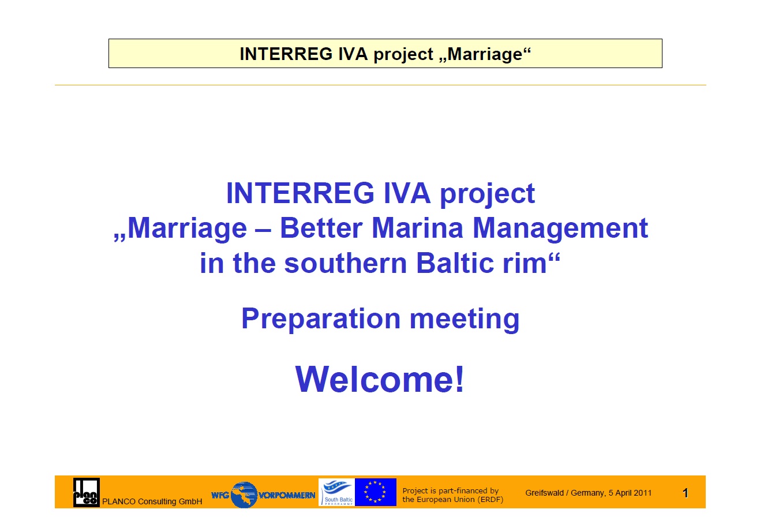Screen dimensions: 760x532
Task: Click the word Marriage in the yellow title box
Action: point(485,54)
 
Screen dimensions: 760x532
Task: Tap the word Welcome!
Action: point(380,379)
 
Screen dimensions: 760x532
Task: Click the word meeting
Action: point(465,319)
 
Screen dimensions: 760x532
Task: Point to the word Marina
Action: point(417,228)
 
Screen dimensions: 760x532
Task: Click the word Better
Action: point(321,228)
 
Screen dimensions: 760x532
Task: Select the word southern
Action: point(346,263)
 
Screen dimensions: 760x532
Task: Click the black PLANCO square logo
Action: point(87,492)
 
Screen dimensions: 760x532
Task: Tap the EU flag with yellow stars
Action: point(376,492)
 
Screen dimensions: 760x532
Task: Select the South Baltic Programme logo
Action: point(336,492)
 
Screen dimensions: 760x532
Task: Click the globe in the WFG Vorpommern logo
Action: point(244,494)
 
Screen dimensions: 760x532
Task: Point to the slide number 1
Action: point(686,493)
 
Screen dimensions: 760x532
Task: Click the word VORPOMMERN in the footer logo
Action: point(287,495)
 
